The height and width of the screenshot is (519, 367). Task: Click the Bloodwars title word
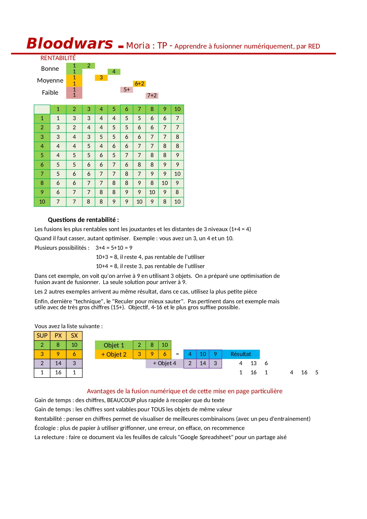(x=70, y=43)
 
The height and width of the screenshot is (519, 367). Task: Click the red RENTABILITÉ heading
(x=58, y=58)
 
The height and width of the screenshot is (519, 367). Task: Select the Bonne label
(x=50, y=69)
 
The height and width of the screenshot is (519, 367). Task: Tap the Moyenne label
(x=50, y=80)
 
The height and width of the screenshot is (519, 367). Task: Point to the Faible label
(x=50, y=93)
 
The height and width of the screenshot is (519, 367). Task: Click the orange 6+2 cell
(x=139, y=84)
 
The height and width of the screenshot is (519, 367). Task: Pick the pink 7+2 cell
(x=152, y=96)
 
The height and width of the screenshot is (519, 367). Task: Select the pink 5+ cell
(x=127, y=90)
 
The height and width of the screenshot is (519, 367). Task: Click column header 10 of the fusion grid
(x=177, y=109)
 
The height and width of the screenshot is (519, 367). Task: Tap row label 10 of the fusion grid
(x=42, y=202)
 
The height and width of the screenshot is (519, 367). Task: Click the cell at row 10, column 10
(x=177, y=202)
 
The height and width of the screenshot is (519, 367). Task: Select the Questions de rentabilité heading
(x=83, y=220)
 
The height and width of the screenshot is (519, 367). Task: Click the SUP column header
(x=42, y=336)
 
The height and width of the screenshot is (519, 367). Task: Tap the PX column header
(x=58, y=336)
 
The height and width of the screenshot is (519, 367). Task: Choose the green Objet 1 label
(x=114, y=345)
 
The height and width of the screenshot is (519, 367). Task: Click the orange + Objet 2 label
(x=114, y=354)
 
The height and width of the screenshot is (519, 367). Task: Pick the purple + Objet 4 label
(x=164, y=363)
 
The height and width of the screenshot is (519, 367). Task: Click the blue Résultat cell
(x=241, y=354)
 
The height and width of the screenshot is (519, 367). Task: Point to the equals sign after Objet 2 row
(x=177, y=354)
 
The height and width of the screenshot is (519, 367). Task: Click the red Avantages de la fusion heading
(x=185, y=391)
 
